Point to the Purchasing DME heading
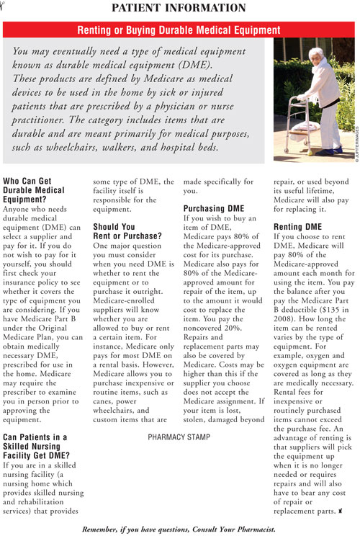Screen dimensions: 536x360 [x=214, y=209]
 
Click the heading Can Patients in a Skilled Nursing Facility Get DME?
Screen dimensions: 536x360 [x=45, y=447]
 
